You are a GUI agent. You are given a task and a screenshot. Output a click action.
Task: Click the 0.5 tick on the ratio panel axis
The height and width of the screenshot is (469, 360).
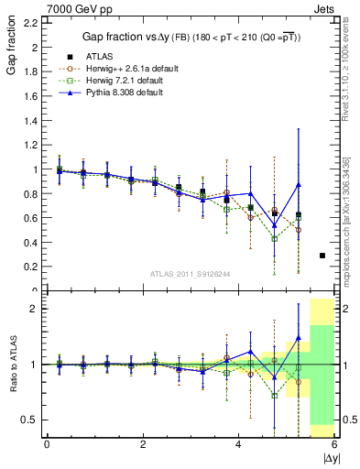(29, 420)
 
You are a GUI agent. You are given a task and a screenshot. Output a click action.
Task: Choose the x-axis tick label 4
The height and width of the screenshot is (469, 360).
(238, 444)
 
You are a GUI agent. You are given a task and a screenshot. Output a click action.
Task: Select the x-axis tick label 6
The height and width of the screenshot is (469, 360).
(334, 444)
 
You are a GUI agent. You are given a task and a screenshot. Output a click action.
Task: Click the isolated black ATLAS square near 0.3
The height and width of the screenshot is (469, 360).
(322, 256)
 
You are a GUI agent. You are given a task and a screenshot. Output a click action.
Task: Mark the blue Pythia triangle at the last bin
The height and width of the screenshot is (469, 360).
(298, 185)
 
